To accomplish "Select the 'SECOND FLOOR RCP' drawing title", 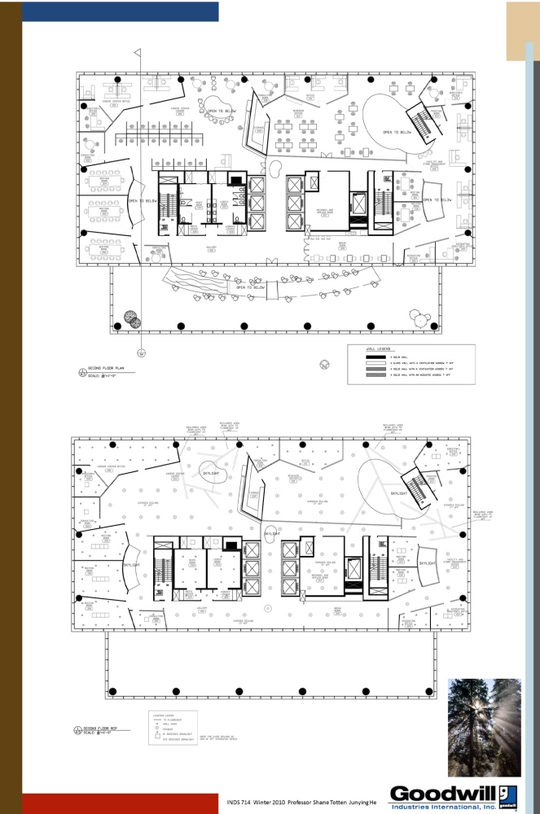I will (x=101, y=728).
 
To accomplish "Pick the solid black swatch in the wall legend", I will (x=372, y=357).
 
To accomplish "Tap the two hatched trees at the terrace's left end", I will (x=131, y=319).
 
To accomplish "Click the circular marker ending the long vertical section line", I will (x=141, y=352).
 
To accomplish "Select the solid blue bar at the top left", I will (x=120, y=11).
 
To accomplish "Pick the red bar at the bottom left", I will (x=120, y=803).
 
